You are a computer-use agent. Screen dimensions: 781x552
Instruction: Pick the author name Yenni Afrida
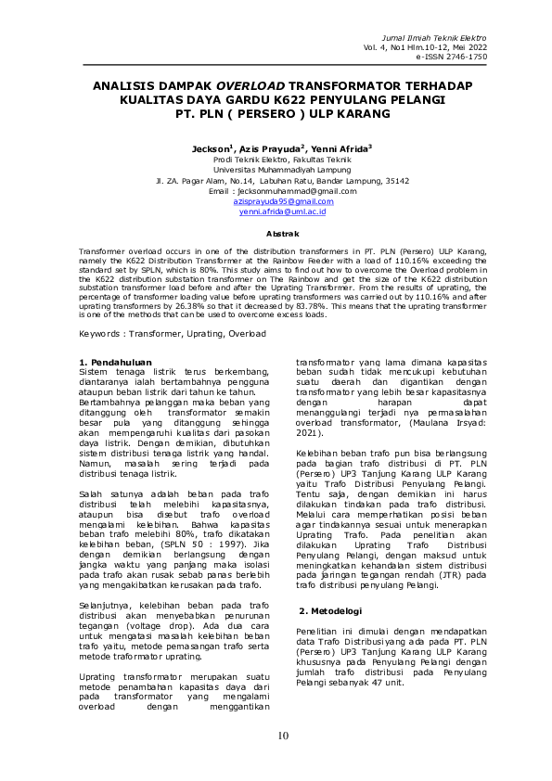coord(343,148)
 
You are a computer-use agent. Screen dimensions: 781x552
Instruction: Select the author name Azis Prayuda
coord(271,148)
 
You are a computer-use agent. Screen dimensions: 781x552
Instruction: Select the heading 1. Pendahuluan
coord(115,361)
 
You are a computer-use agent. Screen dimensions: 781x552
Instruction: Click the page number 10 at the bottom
coord(283,736)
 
